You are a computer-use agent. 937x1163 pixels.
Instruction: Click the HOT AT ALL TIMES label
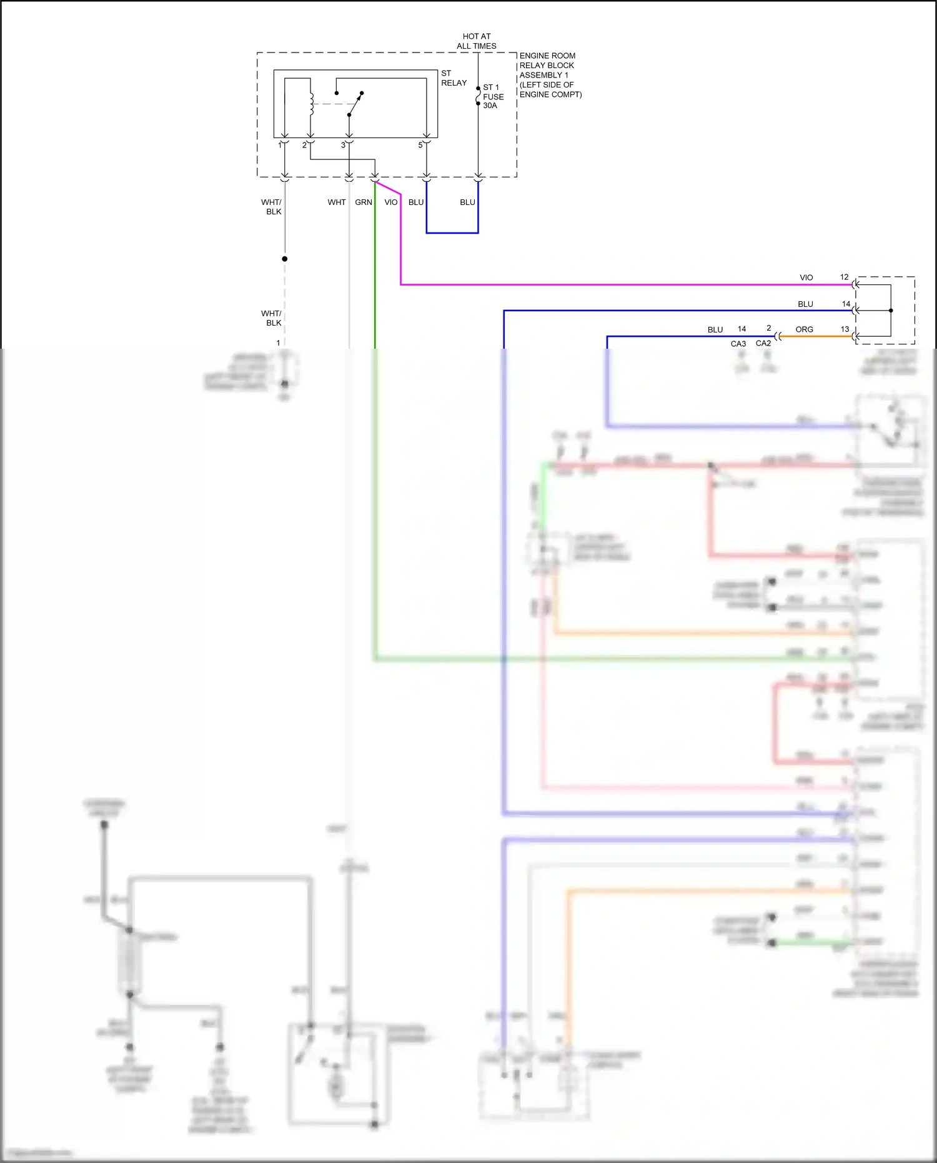point(476,41)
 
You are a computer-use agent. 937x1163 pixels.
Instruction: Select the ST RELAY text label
point(454,78)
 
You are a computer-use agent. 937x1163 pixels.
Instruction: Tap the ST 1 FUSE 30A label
point(492,96)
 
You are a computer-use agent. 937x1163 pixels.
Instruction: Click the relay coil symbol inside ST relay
point(311,104)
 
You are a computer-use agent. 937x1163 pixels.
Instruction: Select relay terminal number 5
point(420,146)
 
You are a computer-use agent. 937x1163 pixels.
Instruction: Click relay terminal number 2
point(304,146)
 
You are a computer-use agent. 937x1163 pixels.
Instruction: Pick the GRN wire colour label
point(364,202)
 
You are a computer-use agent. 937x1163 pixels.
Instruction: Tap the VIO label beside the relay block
point(391,202)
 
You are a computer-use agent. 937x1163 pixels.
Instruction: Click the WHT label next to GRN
point(336,202)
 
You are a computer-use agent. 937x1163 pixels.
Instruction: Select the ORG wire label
point(804,329)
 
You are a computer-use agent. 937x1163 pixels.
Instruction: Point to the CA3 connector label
point(738,344)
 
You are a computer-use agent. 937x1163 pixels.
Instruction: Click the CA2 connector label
point(763,343)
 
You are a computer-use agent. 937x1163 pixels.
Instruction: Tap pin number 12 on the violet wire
point(844,277)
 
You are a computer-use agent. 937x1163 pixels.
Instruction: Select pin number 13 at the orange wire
point(845,329)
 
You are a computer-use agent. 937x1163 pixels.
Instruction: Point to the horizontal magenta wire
point(625,285)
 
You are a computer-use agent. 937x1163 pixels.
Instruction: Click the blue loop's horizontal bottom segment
point(452,233)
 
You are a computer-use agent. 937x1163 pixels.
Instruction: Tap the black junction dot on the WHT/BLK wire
point(285,259)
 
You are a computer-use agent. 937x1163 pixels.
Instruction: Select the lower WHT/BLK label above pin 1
point(272,318)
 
